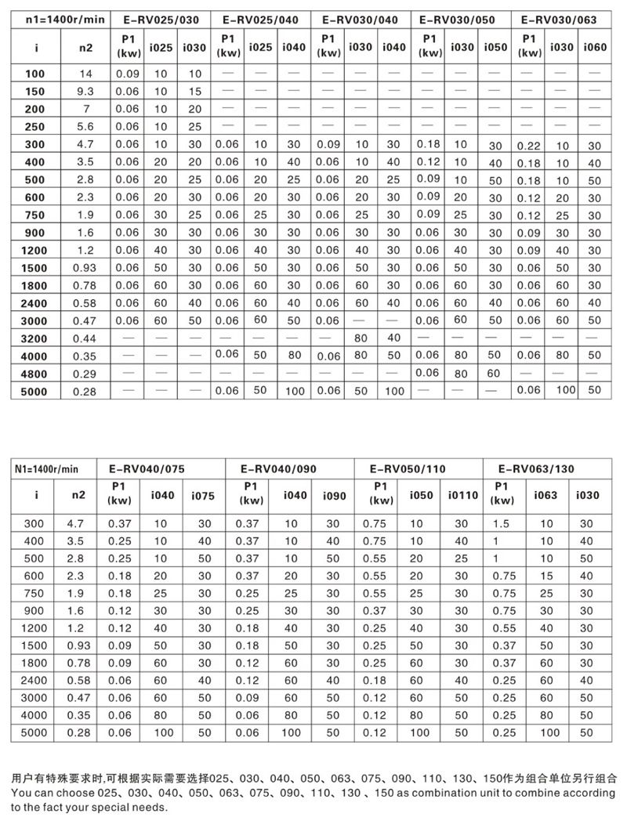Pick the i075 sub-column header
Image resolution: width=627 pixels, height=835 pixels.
204,495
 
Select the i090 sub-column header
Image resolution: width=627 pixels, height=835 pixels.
333,495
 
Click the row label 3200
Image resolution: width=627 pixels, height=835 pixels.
38,338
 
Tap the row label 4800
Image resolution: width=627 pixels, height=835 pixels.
38,373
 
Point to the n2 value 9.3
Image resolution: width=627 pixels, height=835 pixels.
86,92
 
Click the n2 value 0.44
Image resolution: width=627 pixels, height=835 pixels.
86,338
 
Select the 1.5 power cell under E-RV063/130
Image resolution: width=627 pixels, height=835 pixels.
500,522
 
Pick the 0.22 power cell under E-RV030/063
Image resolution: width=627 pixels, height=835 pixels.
530,145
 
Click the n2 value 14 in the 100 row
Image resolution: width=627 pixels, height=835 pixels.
86,74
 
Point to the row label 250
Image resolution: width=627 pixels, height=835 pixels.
38,127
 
